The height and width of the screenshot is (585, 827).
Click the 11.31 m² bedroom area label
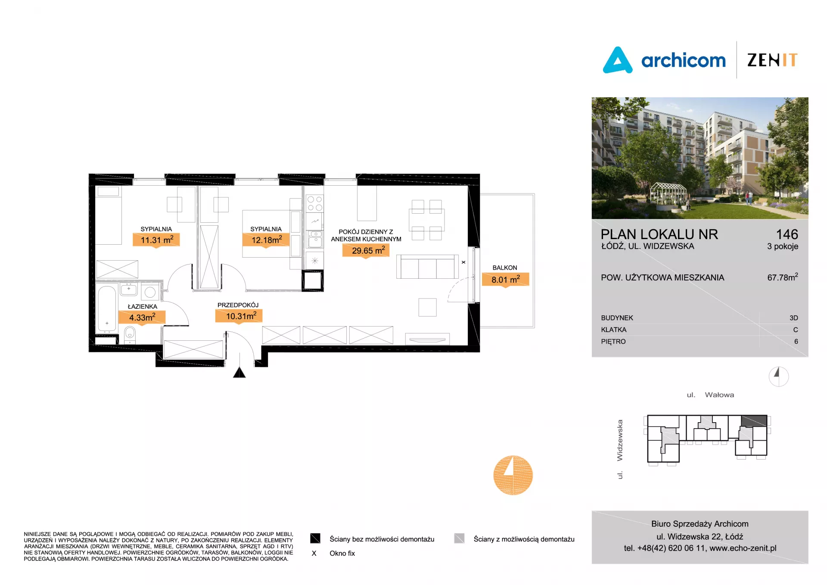[x=156, y=240]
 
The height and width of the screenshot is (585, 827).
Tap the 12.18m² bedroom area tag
[x=267, y=240]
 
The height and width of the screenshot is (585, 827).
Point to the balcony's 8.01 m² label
[x=505, y=280]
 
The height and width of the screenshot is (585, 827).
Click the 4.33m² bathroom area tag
[x=142, y=317]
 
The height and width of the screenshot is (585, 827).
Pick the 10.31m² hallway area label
[x=239, y=316]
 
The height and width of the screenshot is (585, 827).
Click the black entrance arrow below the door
[x=239, y=372]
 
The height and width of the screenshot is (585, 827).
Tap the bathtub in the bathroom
[x=107, y=308]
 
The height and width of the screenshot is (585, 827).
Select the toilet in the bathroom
[x=130, y=334]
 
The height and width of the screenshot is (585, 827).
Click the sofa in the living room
[x=427, y=267]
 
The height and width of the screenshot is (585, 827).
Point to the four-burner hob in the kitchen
[x=315, y=203]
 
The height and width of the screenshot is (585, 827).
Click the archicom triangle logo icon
[x=618, y=60]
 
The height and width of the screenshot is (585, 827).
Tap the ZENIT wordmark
[x=772, y=60]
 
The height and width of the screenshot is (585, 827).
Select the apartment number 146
[x=787, y=234]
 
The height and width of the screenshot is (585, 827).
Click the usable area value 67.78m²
[x=783, y=277]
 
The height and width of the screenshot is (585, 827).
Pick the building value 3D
[x=794, y=318]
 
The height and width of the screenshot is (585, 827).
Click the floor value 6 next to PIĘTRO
[x=796, y=342]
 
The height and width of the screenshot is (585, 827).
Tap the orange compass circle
[x=513, y=475]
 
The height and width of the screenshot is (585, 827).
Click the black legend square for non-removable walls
[x=315, y=538]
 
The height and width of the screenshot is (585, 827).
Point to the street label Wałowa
[x=719, y=395]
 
